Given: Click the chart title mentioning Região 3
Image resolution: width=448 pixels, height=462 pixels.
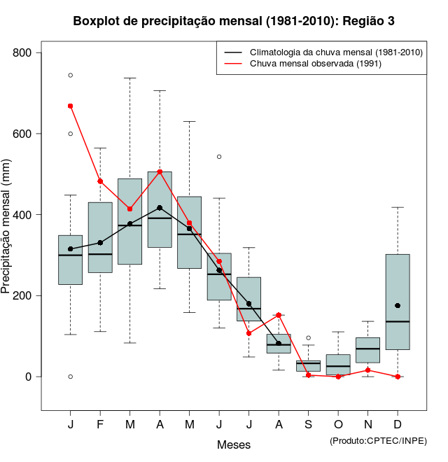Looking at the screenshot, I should pyautogui.click(x=234, y=21).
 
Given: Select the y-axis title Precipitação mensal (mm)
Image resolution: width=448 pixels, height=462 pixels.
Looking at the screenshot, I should pyautogui.click(x=8, y=234).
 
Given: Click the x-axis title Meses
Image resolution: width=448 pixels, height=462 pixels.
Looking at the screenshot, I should pyautogui.click(x=234, y=444).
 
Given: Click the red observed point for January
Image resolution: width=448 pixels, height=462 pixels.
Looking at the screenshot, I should pyautogui.click(x=71, y=106).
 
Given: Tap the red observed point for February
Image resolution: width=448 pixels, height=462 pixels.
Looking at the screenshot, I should pyautogui.click(x=100, y=181).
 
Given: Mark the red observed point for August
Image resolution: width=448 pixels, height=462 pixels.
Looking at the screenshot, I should pyautogui.click(x=279, y=315).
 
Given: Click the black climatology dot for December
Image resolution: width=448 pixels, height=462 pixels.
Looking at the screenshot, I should pyautogui.click(x=398, y=305).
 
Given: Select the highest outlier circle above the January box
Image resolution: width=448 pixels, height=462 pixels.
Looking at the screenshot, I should pyautogui.click(x=71, y=75).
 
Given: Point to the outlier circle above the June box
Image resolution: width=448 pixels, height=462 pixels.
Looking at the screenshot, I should pyautogui.click(x=219, y=157).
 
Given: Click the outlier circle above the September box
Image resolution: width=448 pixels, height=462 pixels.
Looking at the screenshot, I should pyautogui.click(x=308, y=337).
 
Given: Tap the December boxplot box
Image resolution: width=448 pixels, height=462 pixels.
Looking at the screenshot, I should pyautogui.click(x=398, y=302).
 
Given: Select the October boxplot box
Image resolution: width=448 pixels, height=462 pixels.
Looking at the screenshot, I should pyautogui.click(x=338, y=364).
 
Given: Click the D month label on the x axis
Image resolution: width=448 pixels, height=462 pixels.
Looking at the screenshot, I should pyautogui.click(x=398, y=425).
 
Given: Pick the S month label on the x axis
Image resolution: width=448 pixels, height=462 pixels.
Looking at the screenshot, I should pyautogui.click(x=308, y=425).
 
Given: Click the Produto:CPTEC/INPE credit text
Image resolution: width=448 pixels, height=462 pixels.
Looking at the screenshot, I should pyautogui.click(x=378, y=440).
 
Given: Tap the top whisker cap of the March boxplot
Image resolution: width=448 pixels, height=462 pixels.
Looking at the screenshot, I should pyautogui.click(x=130, y=78).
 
